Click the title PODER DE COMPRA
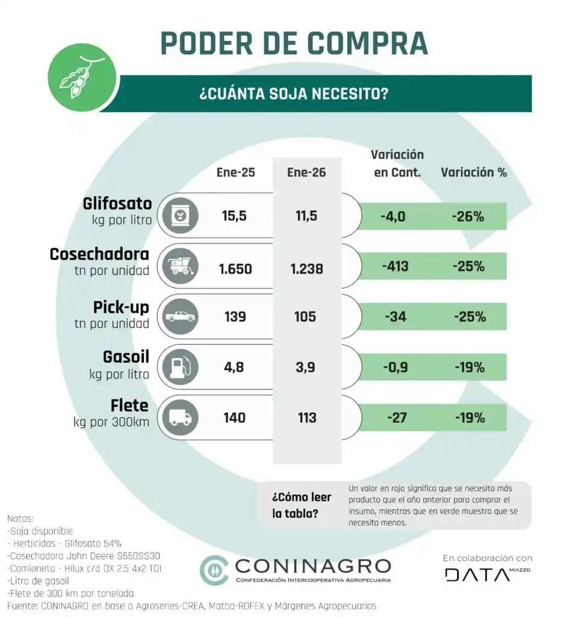294,43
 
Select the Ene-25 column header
235,172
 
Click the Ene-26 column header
306,172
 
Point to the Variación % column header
474,172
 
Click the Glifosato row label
117,203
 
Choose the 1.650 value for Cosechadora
235,268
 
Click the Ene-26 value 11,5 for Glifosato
306,216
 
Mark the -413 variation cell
397,266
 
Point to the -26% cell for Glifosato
468,216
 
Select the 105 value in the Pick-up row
306,317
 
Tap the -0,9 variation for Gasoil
397,366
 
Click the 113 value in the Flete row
306,418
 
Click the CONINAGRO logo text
312,566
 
